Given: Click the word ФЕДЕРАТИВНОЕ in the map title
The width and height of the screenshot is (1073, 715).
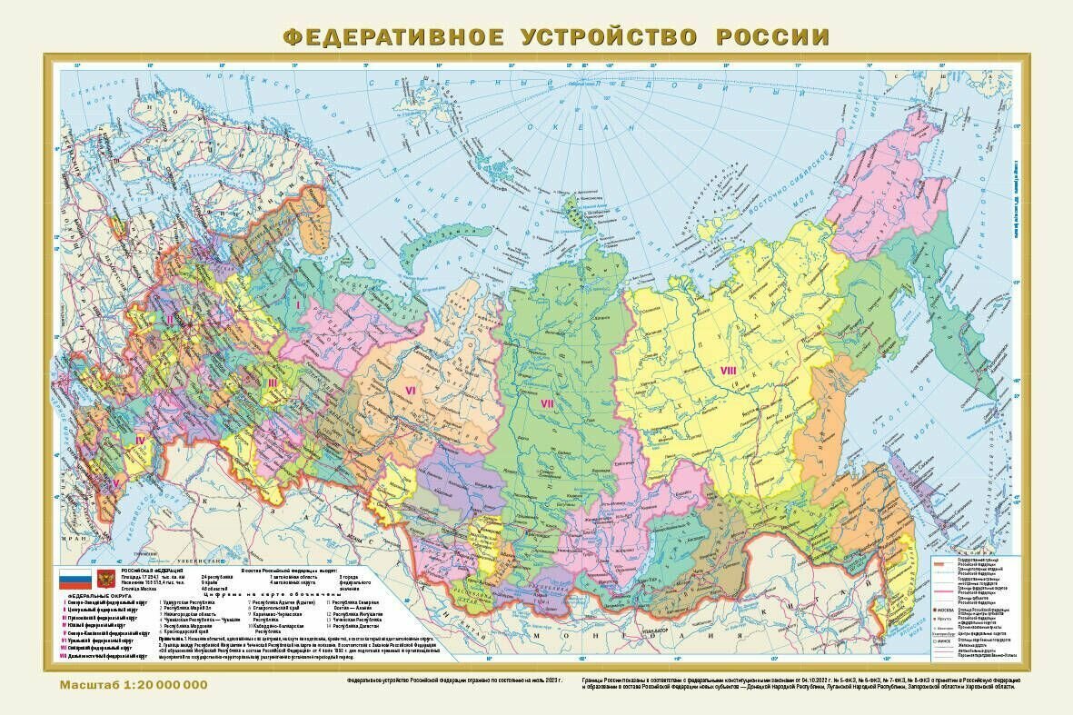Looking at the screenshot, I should (392, 37).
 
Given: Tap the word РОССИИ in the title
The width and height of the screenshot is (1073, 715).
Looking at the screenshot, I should (772, 37).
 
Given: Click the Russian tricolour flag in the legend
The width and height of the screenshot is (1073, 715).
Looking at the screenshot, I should (75, 579).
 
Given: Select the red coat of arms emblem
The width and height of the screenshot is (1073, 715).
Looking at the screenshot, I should (106, 579).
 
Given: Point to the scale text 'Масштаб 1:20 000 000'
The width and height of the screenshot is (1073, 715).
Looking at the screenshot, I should (134, 683).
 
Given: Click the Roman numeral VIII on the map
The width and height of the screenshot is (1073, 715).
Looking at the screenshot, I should (728, 370).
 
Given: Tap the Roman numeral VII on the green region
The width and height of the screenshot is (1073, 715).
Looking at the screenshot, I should (547, 402).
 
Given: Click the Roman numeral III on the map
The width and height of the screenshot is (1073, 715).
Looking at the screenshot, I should (271, 382).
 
